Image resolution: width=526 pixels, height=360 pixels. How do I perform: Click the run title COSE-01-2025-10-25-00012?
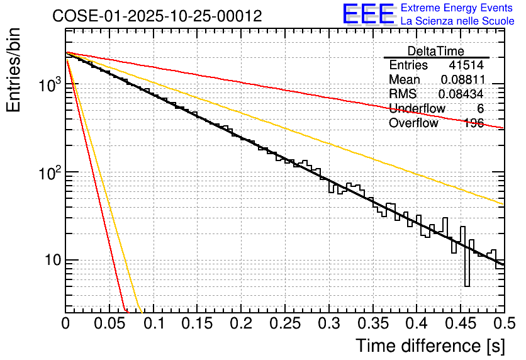coord(157,16)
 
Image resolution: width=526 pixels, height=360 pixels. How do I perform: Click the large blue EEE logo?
coord(368,14)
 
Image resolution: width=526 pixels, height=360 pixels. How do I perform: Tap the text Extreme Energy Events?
coord(457,8)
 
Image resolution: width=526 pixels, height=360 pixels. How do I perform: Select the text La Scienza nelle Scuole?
coord(457,21)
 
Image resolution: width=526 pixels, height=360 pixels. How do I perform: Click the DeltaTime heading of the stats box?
coord(436,51)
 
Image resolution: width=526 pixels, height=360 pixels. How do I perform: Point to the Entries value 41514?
coord(466,65)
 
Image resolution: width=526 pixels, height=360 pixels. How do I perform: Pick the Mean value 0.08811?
coord(462,80)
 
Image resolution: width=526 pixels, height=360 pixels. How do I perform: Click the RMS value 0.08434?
coord(462,94)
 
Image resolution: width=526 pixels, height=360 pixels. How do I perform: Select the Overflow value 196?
coord(474,123)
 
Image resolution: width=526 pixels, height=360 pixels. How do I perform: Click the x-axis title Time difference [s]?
coord(430,346)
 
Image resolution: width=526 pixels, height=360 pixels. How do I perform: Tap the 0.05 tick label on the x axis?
coord(109,324)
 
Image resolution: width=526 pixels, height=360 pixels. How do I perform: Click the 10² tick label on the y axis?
coord(47,172)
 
